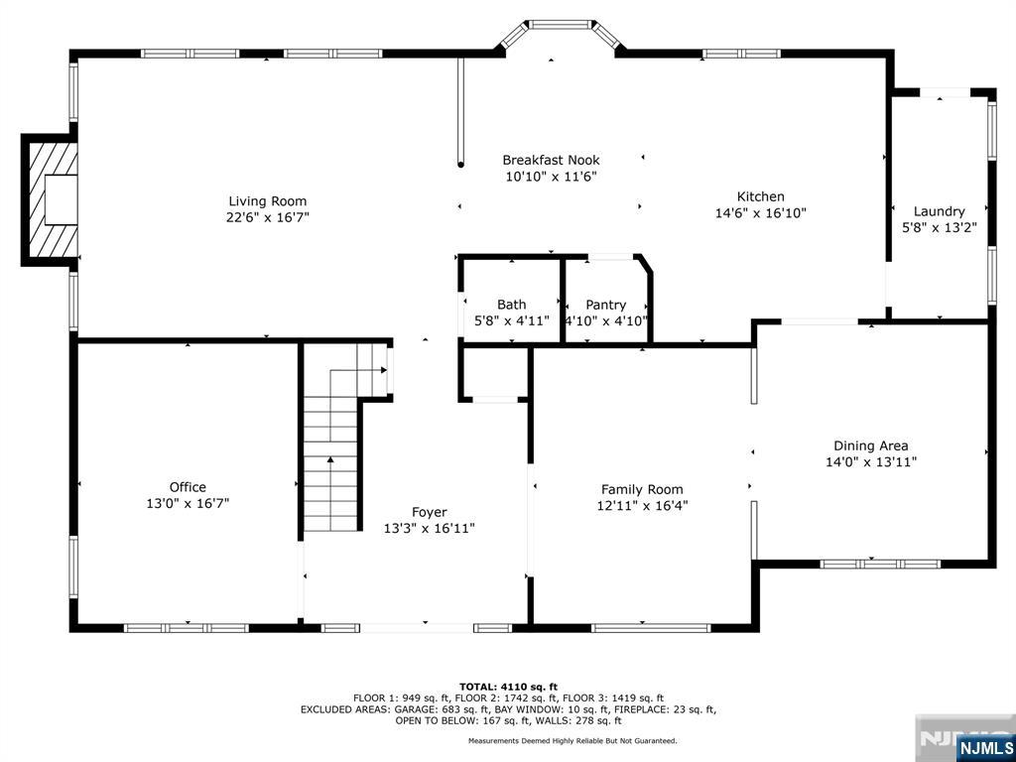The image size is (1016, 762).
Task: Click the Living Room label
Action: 267,200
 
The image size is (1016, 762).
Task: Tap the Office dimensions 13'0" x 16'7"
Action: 188,503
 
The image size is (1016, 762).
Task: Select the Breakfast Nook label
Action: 551,160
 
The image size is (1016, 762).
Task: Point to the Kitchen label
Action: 761,196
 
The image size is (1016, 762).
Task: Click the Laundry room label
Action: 939,211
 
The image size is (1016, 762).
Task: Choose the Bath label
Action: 512,304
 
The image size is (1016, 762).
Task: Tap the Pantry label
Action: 606,305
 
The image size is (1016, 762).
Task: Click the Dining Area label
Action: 870,445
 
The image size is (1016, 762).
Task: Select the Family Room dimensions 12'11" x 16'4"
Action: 642,505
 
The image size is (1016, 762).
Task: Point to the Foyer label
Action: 429,513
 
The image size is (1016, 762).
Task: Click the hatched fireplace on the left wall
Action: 50,200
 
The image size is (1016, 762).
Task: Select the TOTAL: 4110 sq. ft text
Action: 508,687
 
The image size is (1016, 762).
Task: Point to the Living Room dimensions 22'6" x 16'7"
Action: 267,217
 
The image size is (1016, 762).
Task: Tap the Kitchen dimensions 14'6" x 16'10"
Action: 761,212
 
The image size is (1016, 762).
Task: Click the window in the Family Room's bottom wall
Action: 651,627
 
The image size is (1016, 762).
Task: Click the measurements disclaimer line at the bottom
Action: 572,740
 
